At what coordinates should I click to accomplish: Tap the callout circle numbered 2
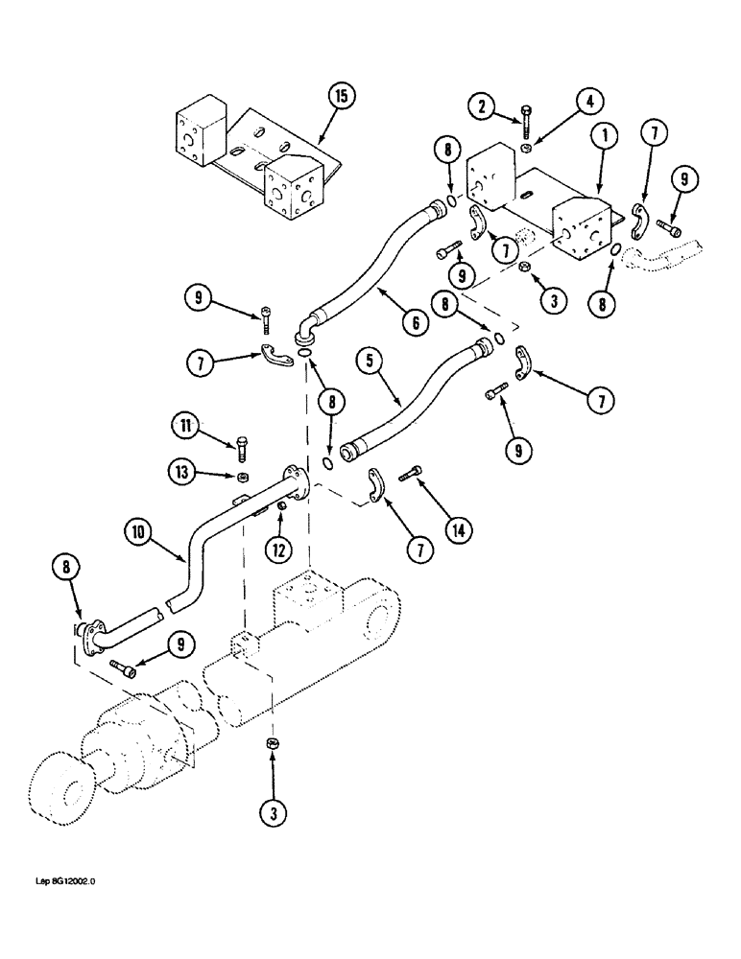483,104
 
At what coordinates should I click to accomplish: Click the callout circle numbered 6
416,323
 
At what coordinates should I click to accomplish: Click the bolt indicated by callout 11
240,445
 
